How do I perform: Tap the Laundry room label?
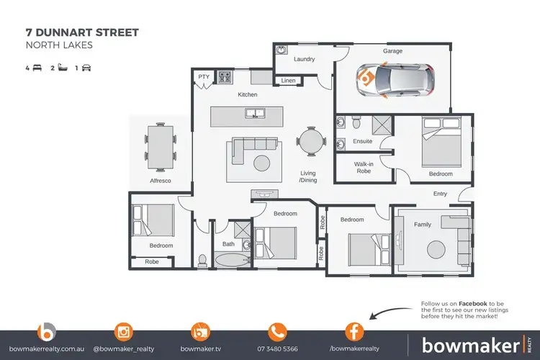[x=305, y=59]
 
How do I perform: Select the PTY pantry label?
[x=203, y=76]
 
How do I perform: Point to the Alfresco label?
[x=160, y=181]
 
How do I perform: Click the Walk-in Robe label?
[x=363, y=168]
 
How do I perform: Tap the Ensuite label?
[x=362, y=141]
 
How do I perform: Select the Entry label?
[x=440, y=194]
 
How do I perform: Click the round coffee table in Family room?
[x=437, y=250]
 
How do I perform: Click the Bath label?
[x=228, y=244]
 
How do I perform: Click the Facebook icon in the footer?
[x=354, y=333]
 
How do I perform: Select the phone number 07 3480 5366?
[x=277, y=349]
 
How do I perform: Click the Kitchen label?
[x=248, y=94]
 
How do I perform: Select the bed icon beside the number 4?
[x=37, y=68]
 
